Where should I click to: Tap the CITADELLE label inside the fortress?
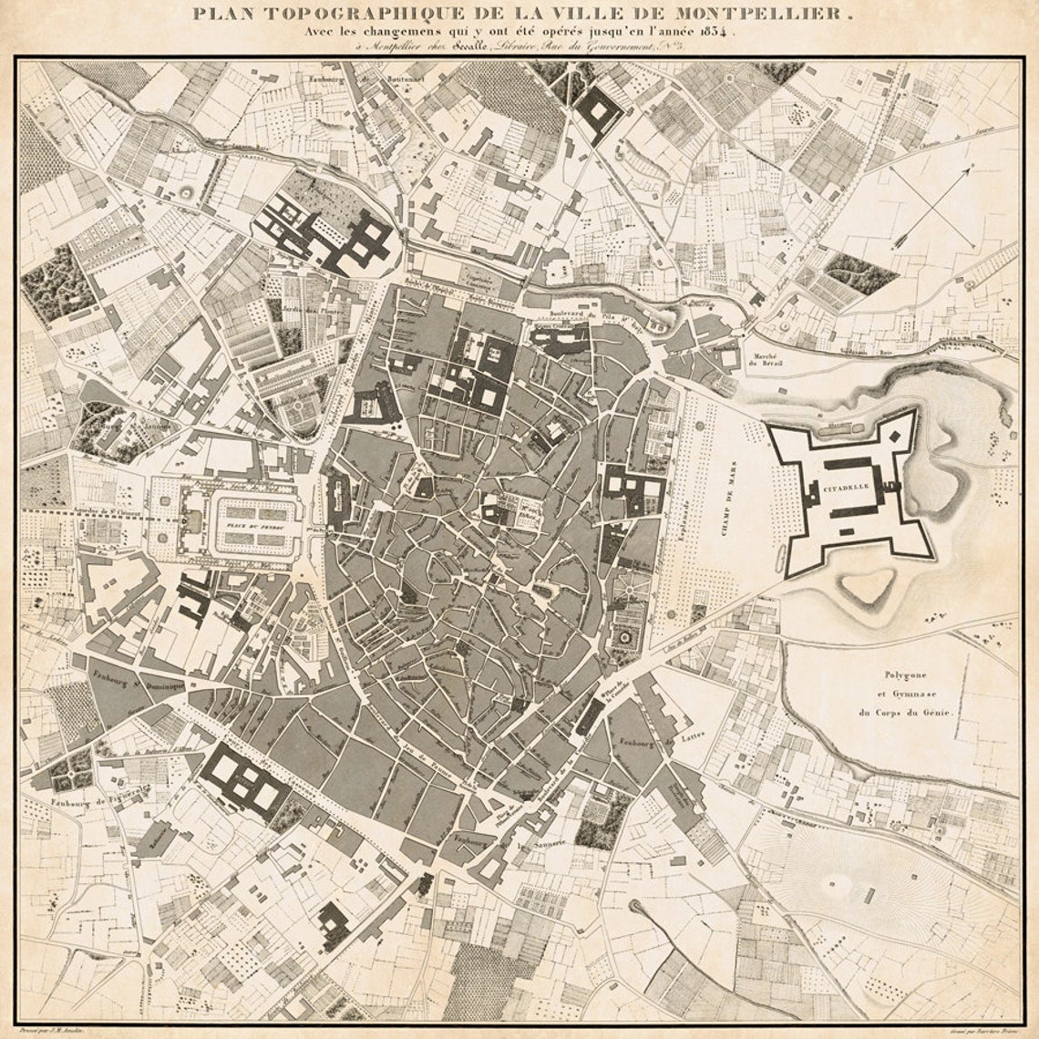[x=846, y=488]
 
